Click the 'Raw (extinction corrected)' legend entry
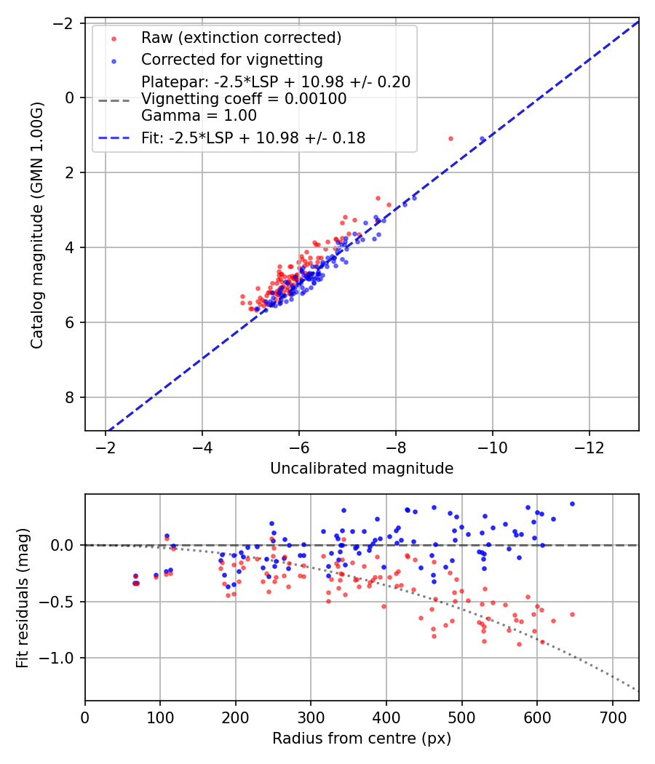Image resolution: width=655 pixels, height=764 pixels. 241,38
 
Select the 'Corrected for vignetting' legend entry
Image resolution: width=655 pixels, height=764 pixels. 231,59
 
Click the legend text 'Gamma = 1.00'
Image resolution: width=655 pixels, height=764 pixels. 199,115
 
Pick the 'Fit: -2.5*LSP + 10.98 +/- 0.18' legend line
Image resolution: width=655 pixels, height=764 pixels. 253,138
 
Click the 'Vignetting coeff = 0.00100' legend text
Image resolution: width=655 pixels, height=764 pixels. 244,98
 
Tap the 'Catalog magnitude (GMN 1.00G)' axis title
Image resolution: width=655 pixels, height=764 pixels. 36,224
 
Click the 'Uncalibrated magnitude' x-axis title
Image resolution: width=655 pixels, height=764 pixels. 362,469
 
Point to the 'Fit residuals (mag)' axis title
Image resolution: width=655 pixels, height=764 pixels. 23,597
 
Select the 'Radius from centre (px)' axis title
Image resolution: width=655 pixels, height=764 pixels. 362,739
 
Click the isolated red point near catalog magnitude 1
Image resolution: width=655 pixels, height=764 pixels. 450,138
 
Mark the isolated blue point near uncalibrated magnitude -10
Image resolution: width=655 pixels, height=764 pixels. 482,138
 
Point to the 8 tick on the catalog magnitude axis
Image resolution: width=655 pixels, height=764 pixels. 71,397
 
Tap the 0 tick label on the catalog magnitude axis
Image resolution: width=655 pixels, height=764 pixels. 71,98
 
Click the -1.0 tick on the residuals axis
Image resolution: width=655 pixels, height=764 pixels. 63,658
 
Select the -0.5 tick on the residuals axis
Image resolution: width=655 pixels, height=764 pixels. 63,602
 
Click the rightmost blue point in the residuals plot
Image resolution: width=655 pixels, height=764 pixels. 572,504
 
